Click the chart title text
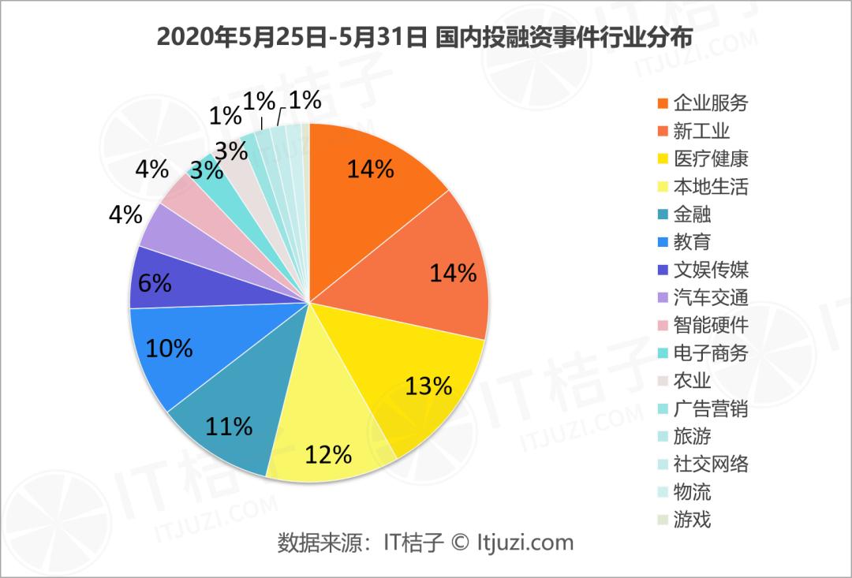point(425,37)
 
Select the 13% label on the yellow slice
point(428,386)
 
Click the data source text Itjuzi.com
point(525,543)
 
